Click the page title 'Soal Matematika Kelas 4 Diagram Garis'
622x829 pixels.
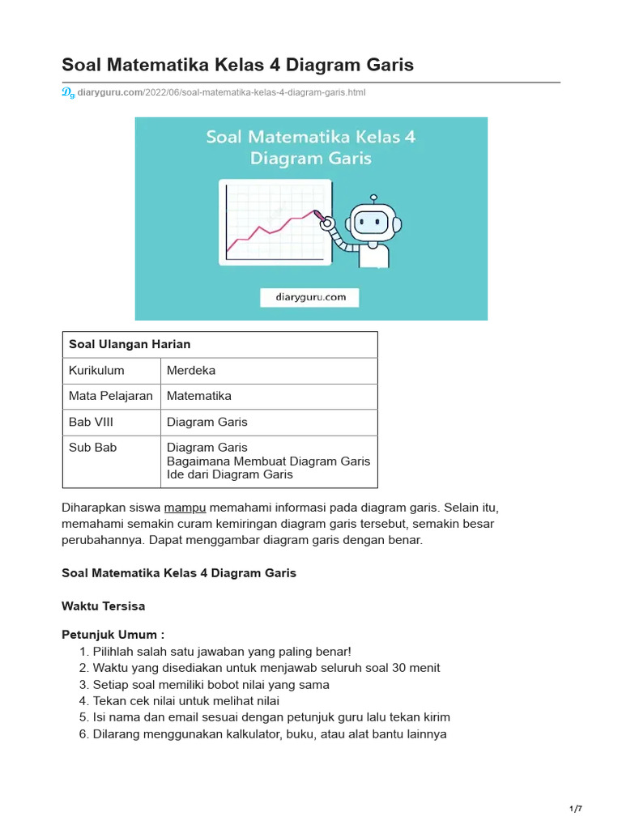coord(237,65)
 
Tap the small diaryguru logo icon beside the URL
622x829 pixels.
coord(68,93)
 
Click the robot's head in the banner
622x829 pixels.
coord(372,219)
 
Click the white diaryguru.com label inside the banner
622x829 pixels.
coord(309,297)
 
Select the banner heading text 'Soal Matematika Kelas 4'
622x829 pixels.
coord(310,137)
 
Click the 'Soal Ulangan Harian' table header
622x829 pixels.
coord(130,344)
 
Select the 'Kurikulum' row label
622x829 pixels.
coord(96,370)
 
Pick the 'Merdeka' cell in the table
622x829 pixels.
coord(191,370)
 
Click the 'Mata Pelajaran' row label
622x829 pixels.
coord(111,396)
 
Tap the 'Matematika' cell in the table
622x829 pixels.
coord(198,396)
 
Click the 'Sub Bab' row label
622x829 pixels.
coord(92,448)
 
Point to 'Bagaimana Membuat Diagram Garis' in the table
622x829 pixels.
coord(268,461)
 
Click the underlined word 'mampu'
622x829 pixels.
coord(185,508)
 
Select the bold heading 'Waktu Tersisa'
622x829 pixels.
coord(103,606)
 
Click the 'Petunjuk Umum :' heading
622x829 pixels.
coord(113,635)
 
